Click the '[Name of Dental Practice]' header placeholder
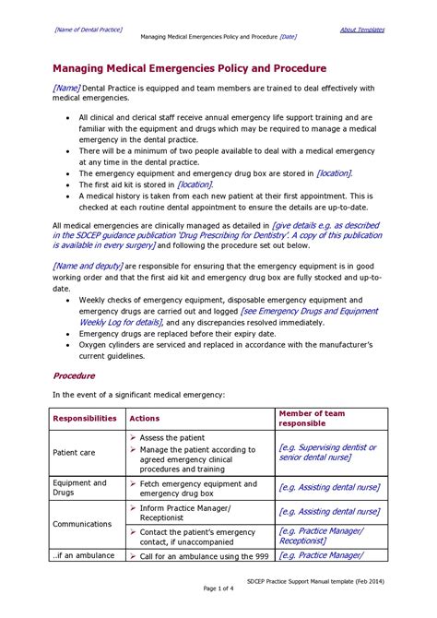89,30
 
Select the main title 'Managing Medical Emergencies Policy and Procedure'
189,68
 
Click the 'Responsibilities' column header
85,418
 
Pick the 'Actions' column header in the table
145,418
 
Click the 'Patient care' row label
74,453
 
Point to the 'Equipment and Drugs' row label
79,487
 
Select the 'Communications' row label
82,523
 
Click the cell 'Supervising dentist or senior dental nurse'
327,452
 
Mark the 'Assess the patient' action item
171,437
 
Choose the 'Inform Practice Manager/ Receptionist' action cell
185,512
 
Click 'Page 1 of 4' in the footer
218,588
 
